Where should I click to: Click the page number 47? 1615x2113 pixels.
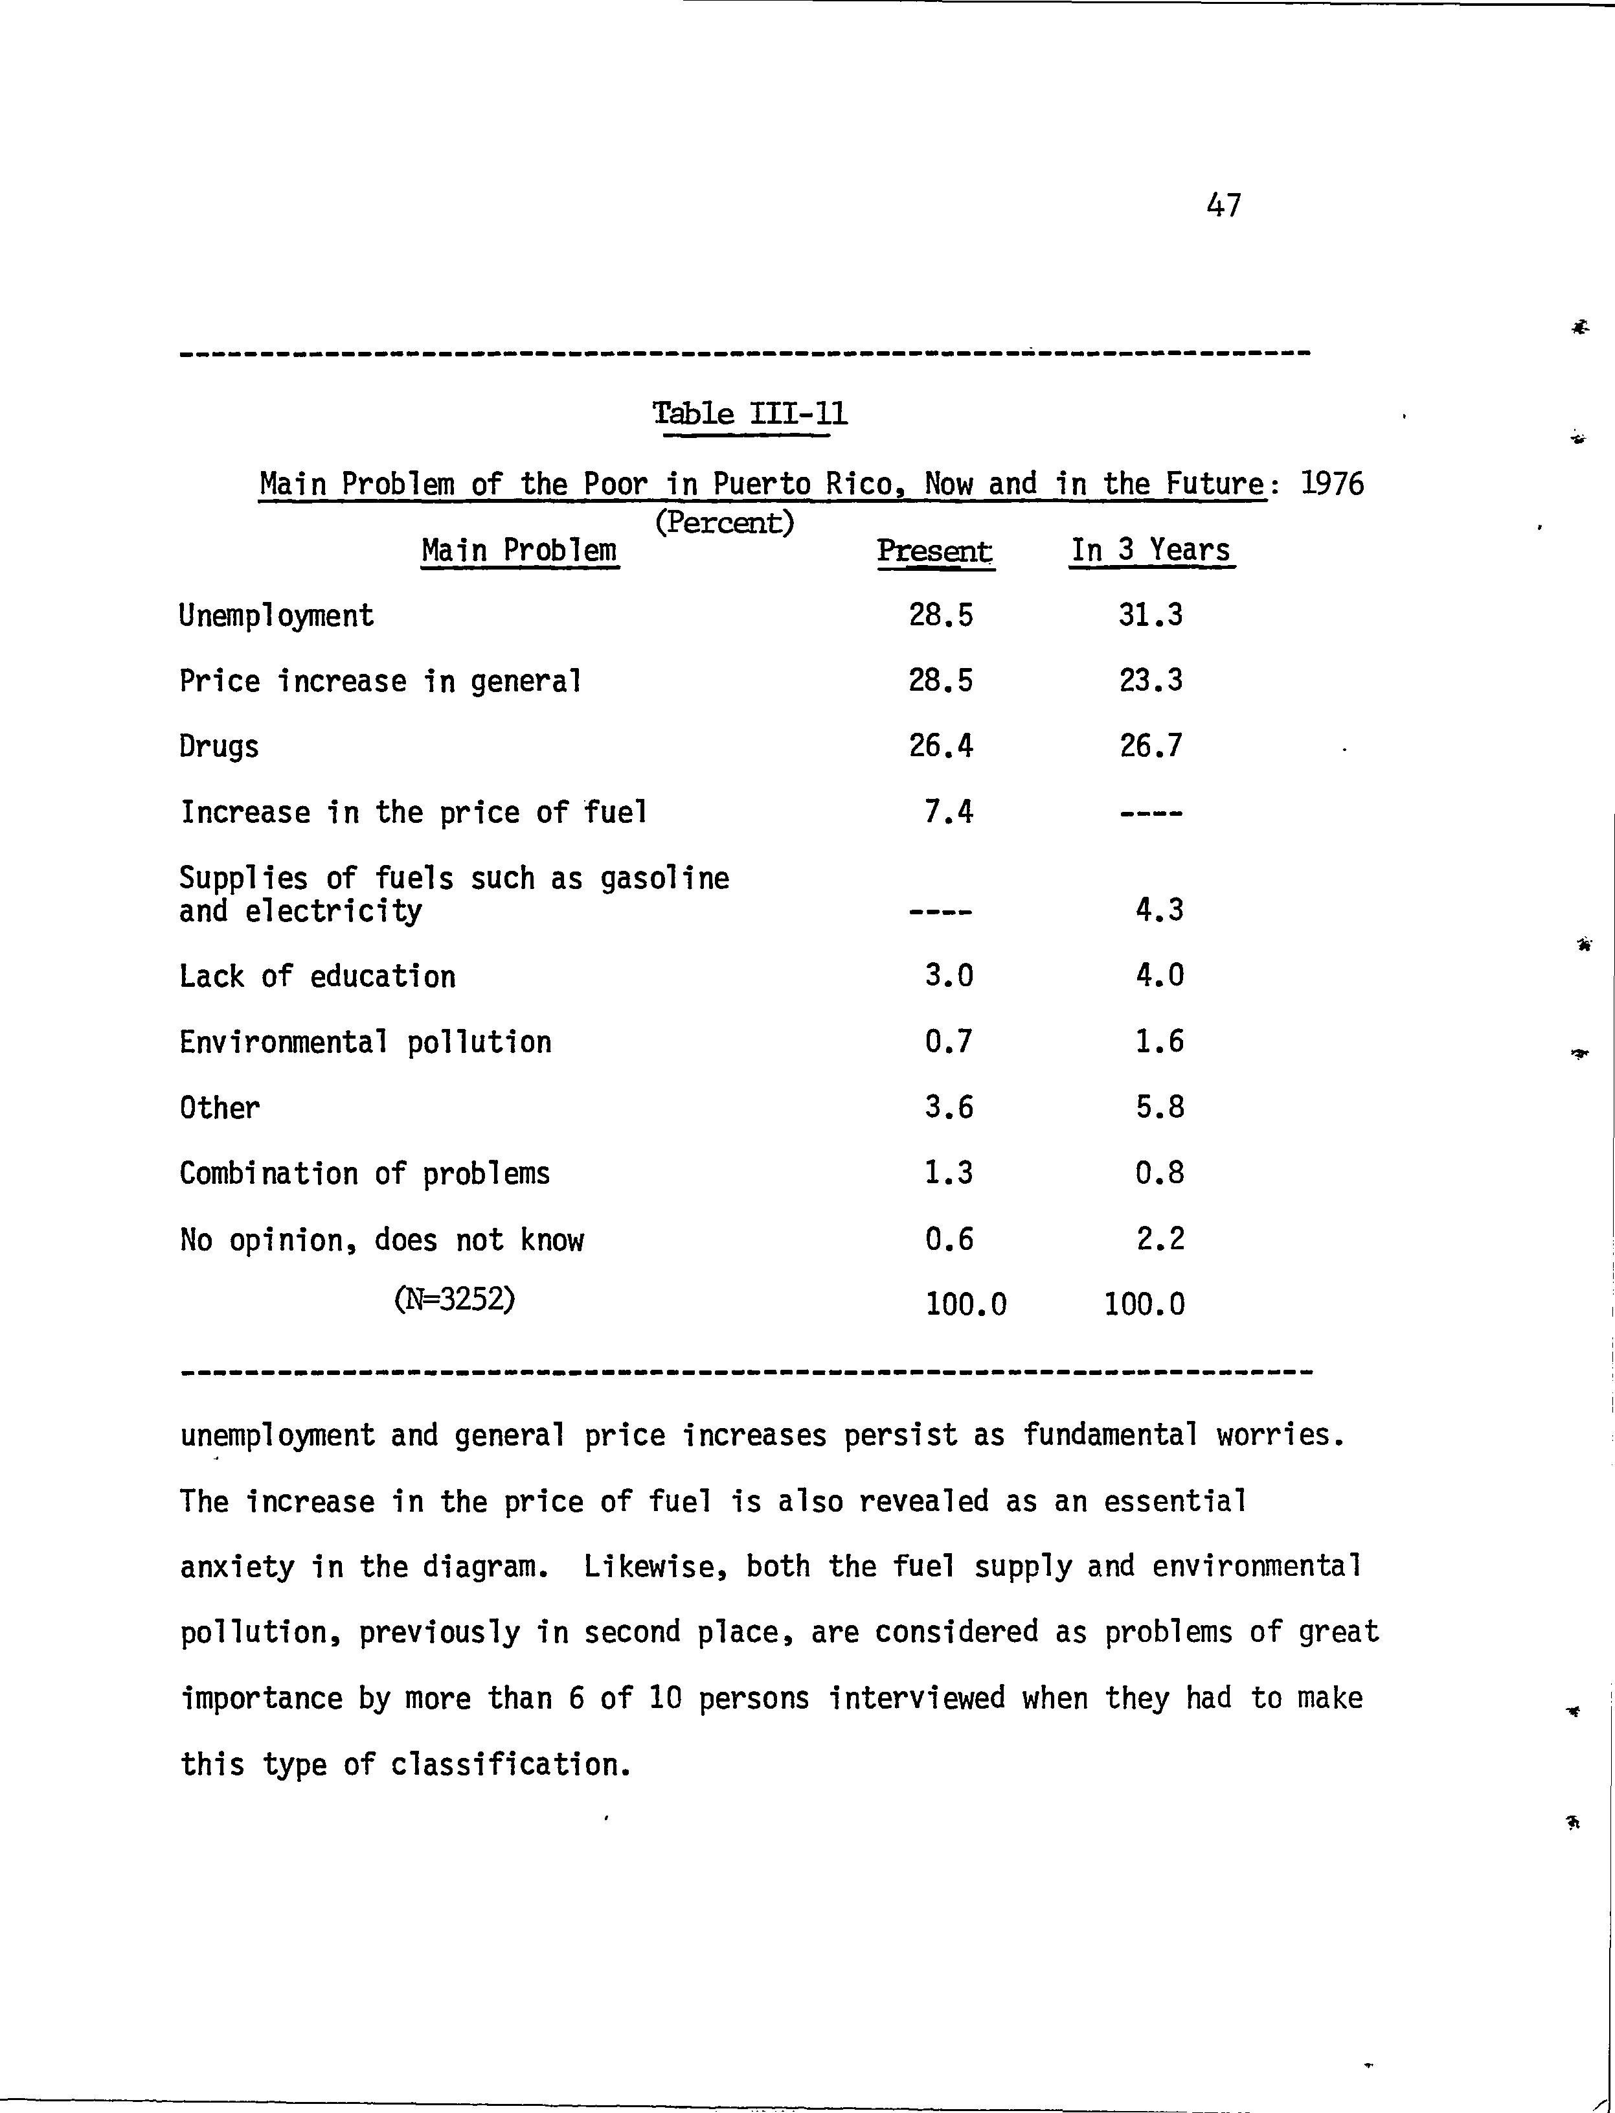[1222, 205]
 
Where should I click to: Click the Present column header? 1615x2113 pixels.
[934, 551]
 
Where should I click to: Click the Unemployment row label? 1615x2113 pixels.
[277, 616]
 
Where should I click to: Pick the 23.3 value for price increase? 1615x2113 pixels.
[1151, 681]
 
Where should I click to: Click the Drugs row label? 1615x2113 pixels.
[219, 747]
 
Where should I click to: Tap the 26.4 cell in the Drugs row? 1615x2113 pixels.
[941, 746]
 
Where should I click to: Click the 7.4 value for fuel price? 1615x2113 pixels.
[949, 813]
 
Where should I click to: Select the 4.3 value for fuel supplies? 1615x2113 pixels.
[1159, 910]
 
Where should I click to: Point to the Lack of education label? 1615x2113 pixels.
[317, 976]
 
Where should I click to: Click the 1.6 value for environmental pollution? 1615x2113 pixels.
[1159, 1041]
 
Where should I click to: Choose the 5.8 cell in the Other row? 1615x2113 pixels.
[1159, 1108]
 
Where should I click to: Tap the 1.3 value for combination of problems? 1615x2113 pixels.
[949, 1173]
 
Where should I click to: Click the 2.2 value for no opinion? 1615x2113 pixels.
[1159, 1239]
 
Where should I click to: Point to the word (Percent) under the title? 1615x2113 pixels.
[724, 522]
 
